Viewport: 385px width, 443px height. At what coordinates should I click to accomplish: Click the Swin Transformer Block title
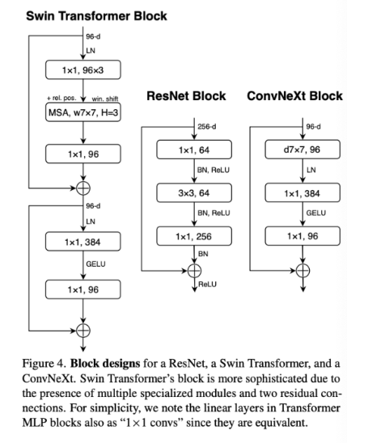coord(96,16)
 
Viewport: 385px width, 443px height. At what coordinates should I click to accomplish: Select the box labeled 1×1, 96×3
coord(83,70)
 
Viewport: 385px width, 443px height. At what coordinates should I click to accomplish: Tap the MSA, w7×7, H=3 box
coord(83,112)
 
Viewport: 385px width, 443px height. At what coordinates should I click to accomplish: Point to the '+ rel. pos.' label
coord(61,98)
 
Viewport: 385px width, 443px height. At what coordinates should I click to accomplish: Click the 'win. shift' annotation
coord(105,99)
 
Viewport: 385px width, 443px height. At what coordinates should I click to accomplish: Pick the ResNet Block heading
coord(186,96)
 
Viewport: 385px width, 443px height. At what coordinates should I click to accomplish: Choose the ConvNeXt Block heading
coord(294,96)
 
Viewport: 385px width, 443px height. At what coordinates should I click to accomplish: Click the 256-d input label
coord(206,127)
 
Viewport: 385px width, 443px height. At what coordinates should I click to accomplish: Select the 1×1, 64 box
coord(194,150)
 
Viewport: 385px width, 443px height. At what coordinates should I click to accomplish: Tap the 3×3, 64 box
coord(194,193)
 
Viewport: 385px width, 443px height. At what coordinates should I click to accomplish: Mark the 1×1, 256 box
coord(194,236)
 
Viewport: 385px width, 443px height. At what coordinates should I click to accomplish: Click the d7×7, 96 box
coord(302,150)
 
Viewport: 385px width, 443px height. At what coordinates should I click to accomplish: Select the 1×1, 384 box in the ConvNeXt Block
coord(302,192)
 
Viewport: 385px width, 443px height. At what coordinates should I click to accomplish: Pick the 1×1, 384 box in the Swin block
coord(83,242)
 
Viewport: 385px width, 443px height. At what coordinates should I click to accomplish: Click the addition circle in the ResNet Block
coord(194,271)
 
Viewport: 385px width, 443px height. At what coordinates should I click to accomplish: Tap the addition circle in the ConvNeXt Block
coord(302,271)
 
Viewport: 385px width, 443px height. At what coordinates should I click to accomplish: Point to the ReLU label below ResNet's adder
coord(207,285)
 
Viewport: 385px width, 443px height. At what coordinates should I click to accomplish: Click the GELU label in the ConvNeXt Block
coord(316,213)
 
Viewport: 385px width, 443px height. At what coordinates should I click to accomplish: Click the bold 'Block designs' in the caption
coord(105,364)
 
